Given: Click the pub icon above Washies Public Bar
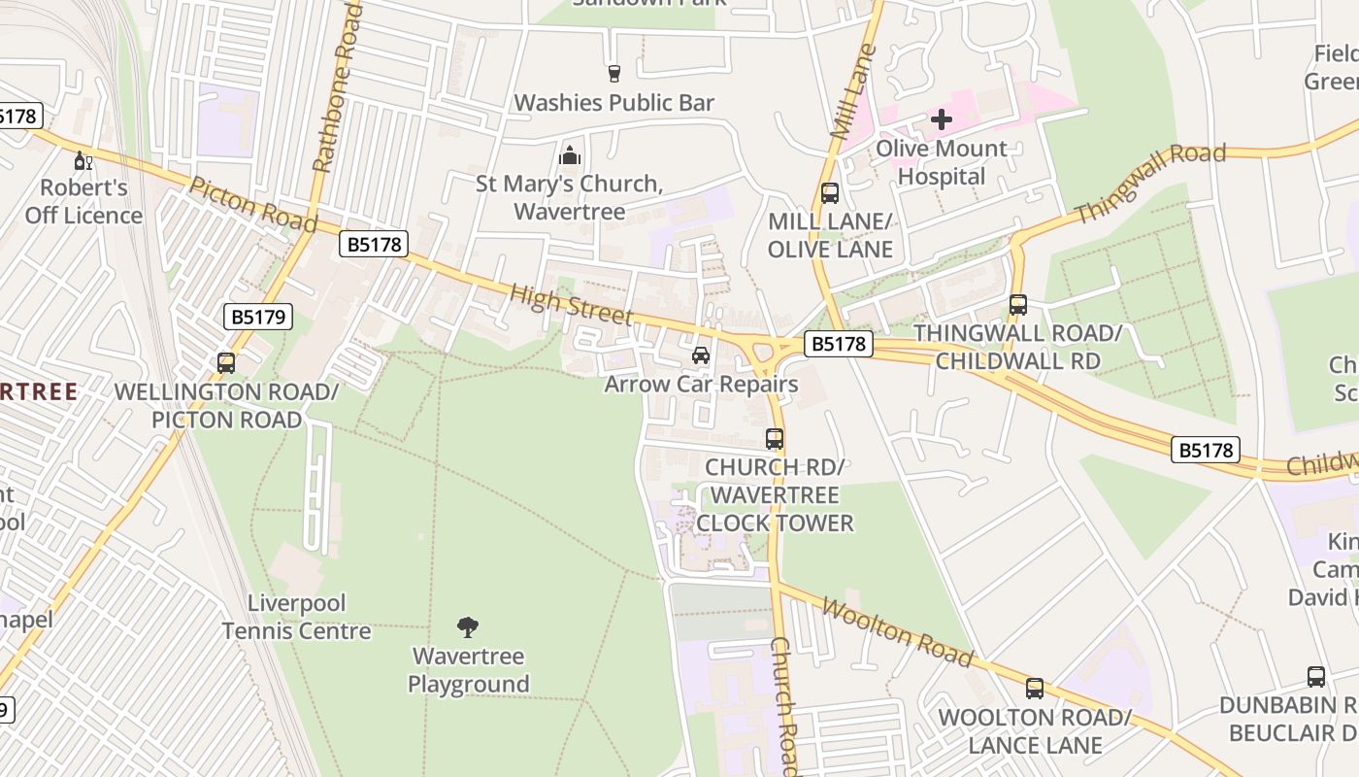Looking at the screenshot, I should coord(613,73).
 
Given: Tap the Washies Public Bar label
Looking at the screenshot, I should coord(613,102).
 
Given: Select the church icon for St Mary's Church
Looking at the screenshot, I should coord(570,154).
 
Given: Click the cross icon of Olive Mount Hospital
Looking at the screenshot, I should coord(941,119).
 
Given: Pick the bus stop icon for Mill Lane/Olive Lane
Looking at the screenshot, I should coord(830,193).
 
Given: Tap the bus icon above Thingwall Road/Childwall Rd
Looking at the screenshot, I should coord(1017,305).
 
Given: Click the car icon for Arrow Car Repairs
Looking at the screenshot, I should coord(701,355).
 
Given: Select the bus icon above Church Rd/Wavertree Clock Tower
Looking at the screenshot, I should coord(774,439).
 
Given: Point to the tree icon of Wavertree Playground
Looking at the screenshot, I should coord(468,627).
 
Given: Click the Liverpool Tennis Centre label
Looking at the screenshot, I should coord(296,617).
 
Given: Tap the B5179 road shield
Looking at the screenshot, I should coord(257,316).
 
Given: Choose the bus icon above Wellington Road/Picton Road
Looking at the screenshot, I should coord(226,363).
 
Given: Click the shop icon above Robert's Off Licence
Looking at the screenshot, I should coord(83,160).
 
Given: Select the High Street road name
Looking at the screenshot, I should coord(571,304).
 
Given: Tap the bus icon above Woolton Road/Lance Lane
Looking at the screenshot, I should coord(1035,689).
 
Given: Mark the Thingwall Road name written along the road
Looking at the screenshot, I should coord(1150,183).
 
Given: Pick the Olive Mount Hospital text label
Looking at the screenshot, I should coord(941,162).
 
